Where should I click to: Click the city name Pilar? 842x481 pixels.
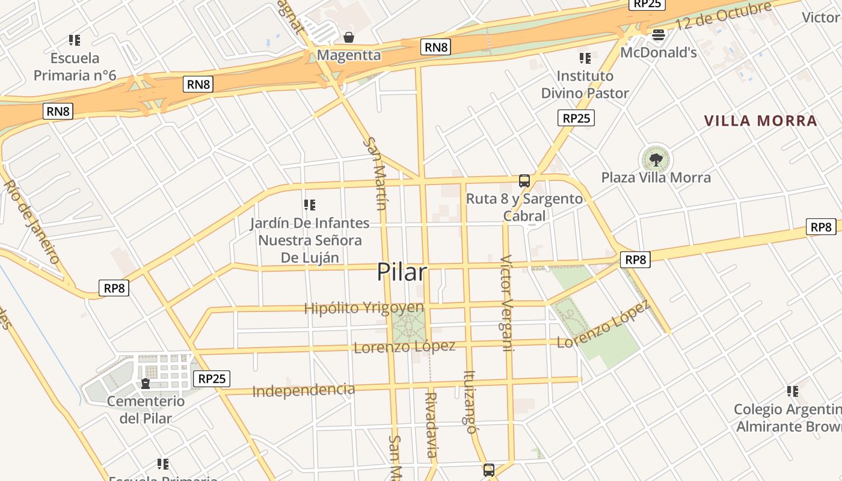[x=402, y=272]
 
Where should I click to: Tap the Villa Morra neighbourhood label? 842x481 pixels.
[x=760, y=121]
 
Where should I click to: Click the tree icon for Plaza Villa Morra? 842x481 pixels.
[x=656, y=159]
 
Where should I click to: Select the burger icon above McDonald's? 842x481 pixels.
[x=659, y=35]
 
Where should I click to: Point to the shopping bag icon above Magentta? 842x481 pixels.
[x=348, y=37]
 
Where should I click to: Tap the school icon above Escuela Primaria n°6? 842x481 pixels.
[x=75, y=40]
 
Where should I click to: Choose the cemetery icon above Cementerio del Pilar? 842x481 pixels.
[x=145, y=383]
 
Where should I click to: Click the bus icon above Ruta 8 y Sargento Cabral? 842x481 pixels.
[x=524, y=180]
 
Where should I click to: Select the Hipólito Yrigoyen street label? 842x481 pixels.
[x=364, y=308]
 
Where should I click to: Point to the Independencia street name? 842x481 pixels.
[x=304, y=390]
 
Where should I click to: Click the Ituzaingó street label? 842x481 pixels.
[x=470, y=401]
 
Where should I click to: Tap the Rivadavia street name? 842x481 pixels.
[x=431, y=424]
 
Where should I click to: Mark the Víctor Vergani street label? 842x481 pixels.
[x=507, y=303]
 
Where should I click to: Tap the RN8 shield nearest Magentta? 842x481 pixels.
[x=436, y=47]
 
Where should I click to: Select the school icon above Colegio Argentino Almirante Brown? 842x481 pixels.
[x=793, y=391]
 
